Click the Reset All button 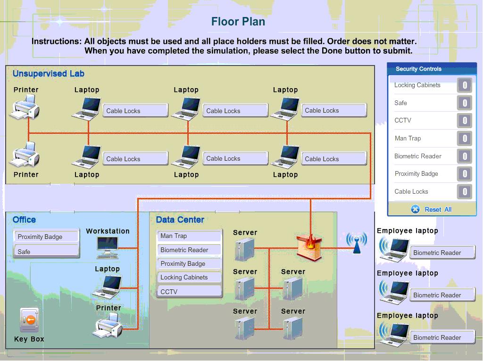click(432, 209)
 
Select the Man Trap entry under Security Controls click(408, 138)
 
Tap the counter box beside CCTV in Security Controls click(465, 121)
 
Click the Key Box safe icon click(29, 320)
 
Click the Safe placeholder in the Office click(46, 252)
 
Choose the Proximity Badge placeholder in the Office click(46, 237)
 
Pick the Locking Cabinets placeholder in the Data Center click(189, 277)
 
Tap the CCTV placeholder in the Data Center click(189, 292)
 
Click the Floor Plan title click(238, 21)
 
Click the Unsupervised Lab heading click(49, 74)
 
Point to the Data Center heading click(180, 220)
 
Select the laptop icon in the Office click(107, 286)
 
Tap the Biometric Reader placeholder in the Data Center click(189, 250)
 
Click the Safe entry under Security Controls click(401, 103)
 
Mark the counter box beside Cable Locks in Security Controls click(465, 192)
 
